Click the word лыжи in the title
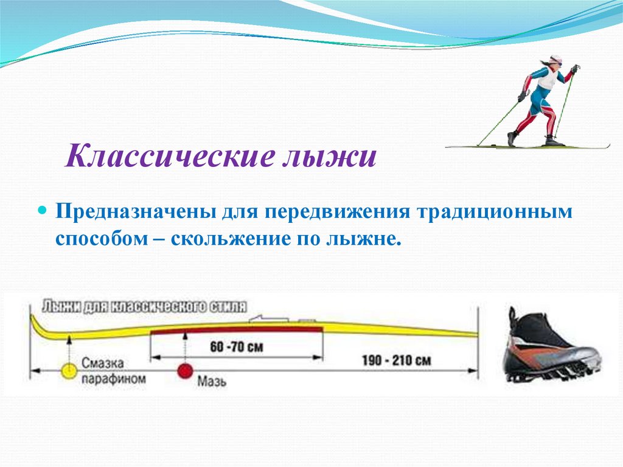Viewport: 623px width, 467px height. (x=329, y=156)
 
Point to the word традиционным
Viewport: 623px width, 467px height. (x=494, y=212)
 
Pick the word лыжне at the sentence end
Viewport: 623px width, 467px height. (x=360, y=239)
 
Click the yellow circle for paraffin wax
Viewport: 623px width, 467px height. (x=69, y=371)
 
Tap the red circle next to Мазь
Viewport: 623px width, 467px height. (x=185, y=371)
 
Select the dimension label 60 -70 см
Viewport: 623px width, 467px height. (x=237, y=347)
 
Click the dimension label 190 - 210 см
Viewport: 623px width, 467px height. (x=396, y=361)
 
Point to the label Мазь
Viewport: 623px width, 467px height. (x=212, y=382)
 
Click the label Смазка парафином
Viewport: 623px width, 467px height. (x=113, y=370)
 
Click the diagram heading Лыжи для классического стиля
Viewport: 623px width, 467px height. (x=144, y=307)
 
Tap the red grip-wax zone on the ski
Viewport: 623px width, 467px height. (x=237, y=330)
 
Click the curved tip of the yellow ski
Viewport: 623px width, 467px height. (x=36, y=325)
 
